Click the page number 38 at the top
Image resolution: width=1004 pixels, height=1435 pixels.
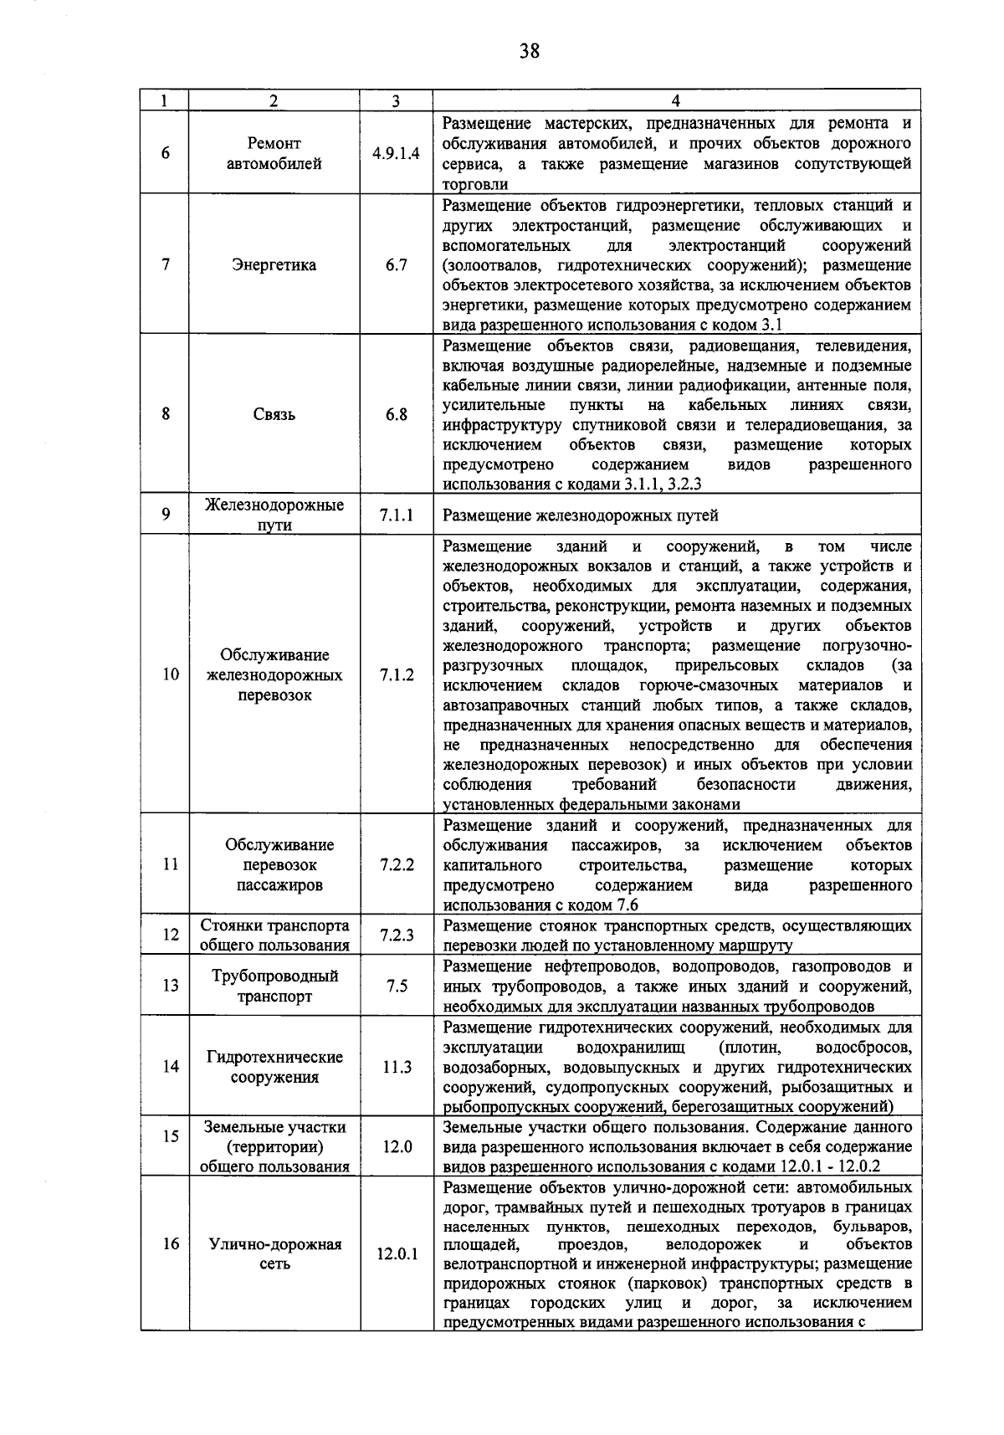pyautogui.click(x=528, y=52)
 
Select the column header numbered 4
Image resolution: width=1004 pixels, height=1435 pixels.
pyautogui.click(x=675, y=101)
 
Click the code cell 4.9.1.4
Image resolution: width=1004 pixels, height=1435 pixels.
pyautogui.click(x=396, y=154)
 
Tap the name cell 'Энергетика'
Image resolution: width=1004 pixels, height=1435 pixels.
pyautogui.click(x=274, y=265)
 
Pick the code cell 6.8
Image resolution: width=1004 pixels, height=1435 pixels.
pyautogui.click(x=396, y=414)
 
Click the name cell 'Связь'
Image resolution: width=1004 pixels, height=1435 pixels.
pyautogui.click(x=274, y=414)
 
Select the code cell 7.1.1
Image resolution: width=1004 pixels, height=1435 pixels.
pyautogui.click(x=396, y=515)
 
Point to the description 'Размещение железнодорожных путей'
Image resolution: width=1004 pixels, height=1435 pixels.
pyautogui.click(x=580, y=516)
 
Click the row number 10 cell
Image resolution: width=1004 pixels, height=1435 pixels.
pyautogui.click(x=170, y=674)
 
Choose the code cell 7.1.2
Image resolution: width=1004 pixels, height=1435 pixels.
pyautogui.click(x=396, y=674)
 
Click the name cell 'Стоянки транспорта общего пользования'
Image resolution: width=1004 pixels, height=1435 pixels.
pyautogui.click(x=274, y=935)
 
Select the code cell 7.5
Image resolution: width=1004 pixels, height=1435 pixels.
pyautogui.click(x=396, y=986)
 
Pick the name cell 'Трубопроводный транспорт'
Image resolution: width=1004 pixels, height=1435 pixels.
pyautogui.click(x=274, y=986)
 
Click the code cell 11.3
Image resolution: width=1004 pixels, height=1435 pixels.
pyautogui.click(x=396, y=1066)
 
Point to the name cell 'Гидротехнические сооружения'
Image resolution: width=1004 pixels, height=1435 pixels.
pyautogui.click(x=274, y=1067)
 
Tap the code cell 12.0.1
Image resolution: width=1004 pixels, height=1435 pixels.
pyautogui.click(x=396, y=1254)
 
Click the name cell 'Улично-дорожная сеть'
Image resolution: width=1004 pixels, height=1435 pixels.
pyautogui.click(x=274, y=1254)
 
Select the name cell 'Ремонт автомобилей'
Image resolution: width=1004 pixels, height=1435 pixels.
pyautogui.click(x=274, y=154)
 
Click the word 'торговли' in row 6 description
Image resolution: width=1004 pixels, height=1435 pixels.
pyautogui.click(x=474, y=184)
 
